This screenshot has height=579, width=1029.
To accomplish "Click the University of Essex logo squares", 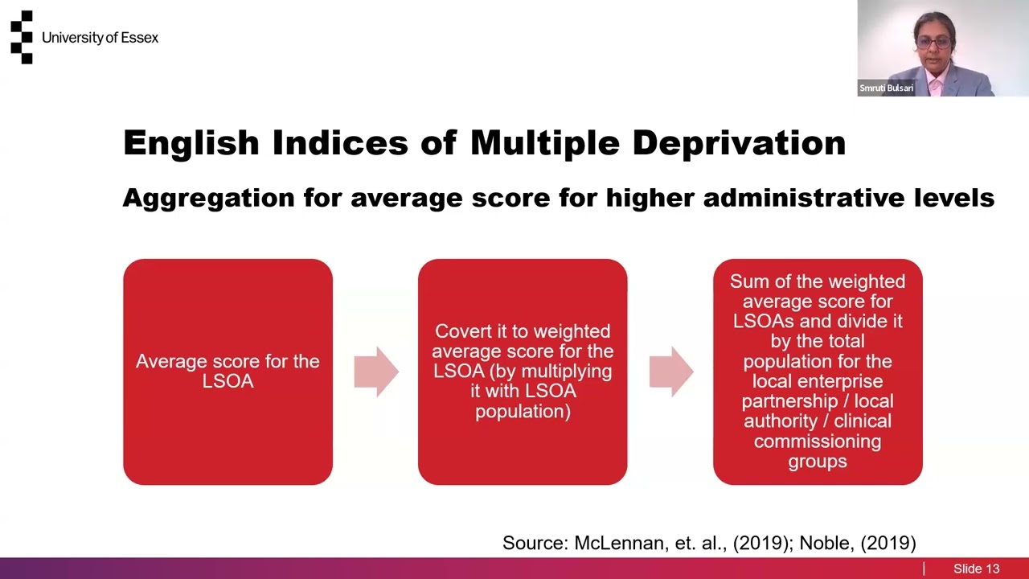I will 22,37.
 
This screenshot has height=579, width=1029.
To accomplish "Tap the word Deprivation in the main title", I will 738,143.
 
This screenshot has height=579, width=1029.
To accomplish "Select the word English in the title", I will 191,143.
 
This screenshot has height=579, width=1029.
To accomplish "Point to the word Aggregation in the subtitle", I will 208,198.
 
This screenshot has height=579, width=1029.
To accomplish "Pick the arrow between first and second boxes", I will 375,372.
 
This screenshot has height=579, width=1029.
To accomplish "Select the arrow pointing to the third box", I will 670,372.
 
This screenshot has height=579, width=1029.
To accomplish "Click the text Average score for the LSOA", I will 228,371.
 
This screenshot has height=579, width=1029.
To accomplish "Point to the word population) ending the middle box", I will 523,412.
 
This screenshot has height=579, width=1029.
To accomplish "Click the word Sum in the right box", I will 747,281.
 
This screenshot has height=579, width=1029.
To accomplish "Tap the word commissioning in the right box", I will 817,441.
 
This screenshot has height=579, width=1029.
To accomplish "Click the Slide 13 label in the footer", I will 976,569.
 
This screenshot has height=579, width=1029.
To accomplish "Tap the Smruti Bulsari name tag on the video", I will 886,88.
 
